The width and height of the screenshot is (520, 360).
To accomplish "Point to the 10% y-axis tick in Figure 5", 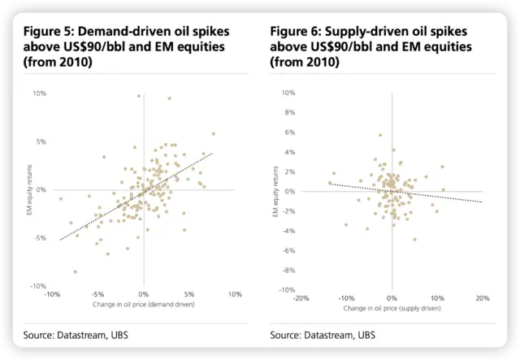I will pyautogui.click(x=39, y=93).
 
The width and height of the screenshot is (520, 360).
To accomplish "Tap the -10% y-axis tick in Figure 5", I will pyautogui.click(x=37, y=286).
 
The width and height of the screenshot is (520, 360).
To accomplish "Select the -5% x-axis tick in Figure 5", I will pyautogui.click(x=97, y=293).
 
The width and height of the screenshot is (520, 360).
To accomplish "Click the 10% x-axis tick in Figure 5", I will pyautogui.click(x=235, y=293).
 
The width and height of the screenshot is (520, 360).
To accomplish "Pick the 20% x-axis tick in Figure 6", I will pyautogui.click(x=482, y=297).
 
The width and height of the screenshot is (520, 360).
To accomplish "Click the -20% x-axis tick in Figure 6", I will pyautogui.click(x=301, y=297).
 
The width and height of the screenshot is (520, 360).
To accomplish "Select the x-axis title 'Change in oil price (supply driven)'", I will pyautogui.click(x=391, y=308).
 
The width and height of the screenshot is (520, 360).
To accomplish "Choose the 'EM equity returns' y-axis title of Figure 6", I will pyautogui.click(x=276, y=192).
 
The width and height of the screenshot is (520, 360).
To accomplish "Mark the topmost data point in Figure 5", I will pyautogui.click(x=139, y=96).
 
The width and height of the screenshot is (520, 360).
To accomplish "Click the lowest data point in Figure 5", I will pyautogui.click(x=76, y=271).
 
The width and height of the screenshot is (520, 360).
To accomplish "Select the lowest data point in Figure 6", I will pyautogui.click(x=414, y=240).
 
